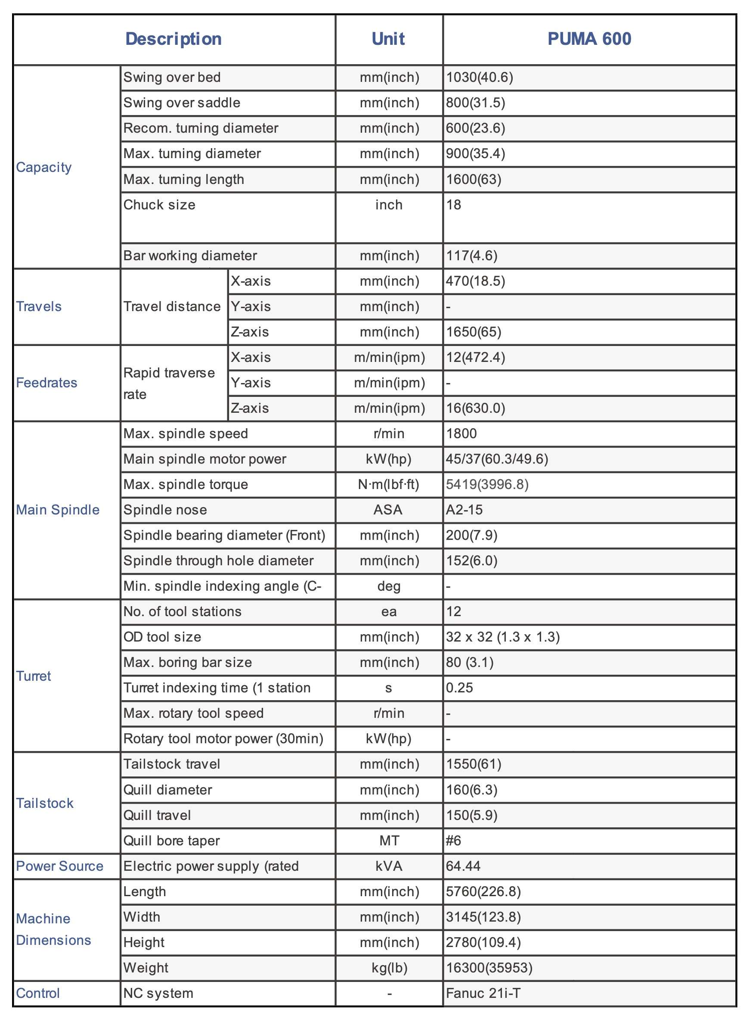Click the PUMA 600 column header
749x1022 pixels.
(x=589, y=39)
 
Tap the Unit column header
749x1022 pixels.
(x=388, y=39)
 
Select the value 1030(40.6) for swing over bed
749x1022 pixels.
(x=479, y=78)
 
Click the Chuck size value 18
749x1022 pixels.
(x=453, y=205)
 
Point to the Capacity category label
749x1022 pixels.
(x=44, y=167)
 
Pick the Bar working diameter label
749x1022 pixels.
(x=190, y=256)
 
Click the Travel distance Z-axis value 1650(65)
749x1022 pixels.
(x=474, y=332)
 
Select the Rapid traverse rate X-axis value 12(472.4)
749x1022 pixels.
(x=475, y=358)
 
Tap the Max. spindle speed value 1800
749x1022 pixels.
(x=461, y=434)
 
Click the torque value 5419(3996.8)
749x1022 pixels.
(x=487, y=485)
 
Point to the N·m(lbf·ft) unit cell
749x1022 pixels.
(x=389, y=485)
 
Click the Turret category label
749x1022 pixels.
(x=34, y=676)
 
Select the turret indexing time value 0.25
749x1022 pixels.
(x=459, y=688)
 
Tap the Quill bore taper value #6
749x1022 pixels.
(x=453, y=841)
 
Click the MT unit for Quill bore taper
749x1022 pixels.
(x=389, y=841)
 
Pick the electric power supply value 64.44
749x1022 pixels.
(x=463, y=866)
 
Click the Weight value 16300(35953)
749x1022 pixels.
(x=489, y=968)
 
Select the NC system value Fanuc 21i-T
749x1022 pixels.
(x=483, y=994)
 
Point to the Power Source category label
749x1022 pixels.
(x=60, y=866)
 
